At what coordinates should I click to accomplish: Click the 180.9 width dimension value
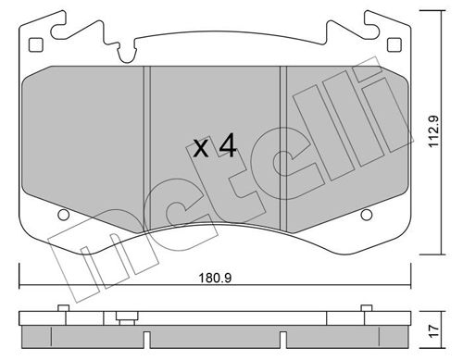click(x=215, y=279)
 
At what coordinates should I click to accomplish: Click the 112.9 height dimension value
click(x=433, y=131)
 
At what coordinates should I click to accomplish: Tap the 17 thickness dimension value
click(x=434, y=331)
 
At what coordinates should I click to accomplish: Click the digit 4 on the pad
click(x=228, y=146)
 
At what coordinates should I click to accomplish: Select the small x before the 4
click(x=201, y=149)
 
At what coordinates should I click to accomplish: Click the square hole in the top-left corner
click(x=36, y=45)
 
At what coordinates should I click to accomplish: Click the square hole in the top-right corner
click(x=394, y=45)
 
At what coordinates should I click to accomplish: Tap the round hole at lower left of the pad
click(x=64, y=215)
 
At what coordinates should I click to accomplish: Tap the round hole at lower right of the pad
click(x=367, y=215)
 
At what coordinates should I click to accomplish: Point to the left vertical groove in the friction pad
click(x=147, y=149)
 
